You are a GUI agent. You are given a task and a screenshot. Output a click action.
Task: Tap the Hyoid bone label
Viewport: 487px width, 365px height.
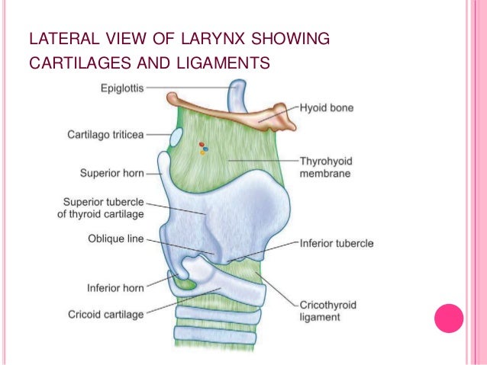pos(327,109)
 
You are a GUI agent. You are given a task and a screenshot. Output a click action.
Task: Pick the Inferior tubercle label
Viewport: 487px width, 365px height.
pos(337,244)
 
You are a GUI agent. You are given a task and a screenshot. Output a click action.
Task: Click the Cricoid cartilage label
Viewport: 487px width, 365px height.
pos(105,313)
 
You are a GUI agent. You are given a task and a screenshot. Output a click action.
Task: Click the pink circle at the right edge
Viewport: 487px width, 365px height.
pos(449,318)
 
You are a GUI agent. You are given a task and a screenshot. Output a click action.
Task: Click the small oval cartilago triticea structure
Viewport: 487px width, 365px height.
pos(176,139)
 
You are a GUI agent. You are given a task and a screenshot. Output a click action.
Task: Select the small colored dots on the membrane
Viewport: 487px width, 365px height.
pos(203,148)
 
